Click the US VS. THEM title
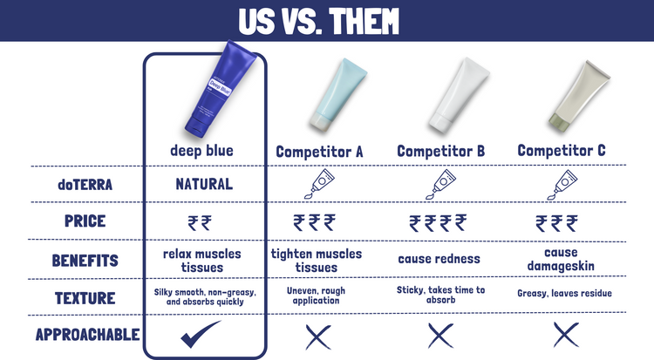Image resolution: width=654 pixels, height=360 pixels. pos(318,21)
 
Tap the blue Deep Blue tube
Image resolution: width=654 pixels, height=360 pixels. pos(221,89)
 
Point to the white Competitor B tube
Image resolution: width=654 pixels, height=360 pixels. pos(460,95)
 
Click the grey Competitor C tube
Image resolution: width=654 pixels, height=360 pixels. pos(580,95)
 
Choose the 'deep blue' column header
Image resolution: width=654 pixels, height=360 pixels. pos(202,151)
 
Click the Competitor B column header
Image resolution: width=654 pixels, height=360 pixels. pos(441,151)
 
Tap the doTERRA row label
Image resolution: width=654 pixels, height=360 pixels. pos(85,185)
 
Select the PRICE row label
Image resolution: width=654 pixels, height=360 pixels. pos(85,221)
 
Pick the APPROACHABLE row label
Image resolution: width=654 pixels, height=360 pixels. pos(87,335)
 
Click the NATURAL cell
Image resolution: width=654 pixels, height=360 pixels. pos(204,184)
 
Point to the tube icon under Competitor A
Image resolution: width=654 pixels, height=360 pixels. pos(319,184)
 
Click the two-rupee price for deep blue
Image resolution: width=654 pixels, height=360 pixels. pos(200,223)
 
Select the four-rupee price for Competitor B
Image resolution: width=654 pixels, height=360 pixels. pos(438,223)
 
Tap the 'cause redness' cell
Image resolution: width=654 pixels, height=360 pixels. pos(439,259)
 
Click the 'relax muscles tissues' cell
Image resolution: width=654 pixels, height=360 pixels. pos(202,261)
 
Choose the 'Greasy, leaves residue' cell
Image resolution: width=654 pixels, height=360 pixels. pos(564,293)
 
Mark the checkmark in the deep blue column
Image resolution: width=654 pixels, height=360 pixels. pos(200,335)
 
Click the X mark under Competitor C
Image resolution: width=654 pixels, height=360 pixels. pos(566,335)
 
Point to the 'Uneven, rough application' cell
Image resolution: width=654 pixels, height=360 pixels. pos(317,295)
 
